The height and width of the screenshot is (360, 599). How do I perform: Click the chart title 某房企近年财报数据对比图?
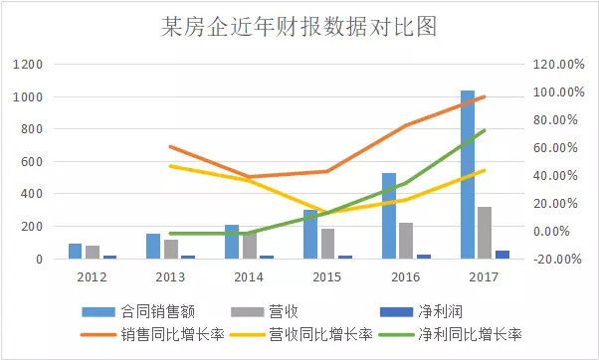point(299,25)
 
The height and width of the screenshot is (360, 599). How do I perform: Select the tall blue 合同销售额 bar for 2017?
point(468,174)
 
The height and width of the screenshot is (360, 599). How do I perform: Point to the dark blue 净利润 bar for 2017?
point(501,255)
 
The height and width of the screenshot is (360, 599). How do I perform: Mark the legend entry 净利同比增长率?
point(473,334)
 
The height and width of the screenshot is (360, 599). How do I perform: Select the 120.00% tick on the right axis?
point(556,65)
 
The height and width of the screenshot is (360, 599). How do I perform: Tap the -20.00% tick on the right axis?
point(556,260)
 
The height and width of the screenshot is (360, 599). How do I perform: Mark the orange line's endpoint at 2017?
point(485,96)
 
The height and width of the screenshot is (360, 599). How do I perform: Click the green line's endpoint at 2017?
point(485,130)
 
